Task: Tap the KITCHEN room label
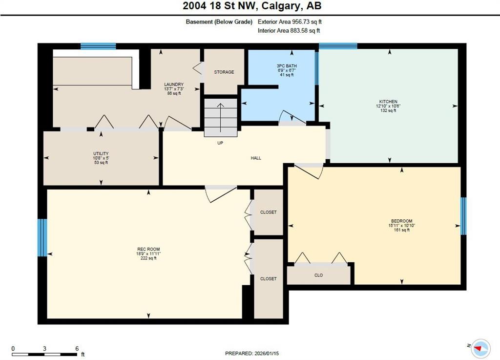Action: point(388,102)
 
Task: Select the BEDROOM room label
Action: point(401,221)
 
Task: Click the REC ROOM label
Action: point(148,249)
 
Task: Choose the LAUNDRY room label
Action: point(173,85)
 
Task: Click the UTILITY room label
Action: point(101,154)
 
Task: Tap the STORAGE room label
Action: point(224,72)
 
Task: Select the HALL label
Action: point(256,158)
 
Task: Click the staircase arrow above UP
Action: point(221,117)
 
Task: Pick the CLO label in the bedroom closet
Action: point(318,275)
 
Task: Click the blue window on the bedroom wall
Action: point(463,216)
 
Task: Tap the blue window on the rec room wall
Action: point(42,237)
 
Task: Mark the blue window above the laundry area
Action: point(98,46)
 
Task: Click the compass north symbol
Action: point(481,347)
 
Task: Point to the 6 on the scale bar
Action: point(77,348)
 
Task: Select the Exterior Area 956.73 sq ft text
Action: point(290,22)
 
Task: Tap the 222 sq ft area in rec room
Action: point(148,258)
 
